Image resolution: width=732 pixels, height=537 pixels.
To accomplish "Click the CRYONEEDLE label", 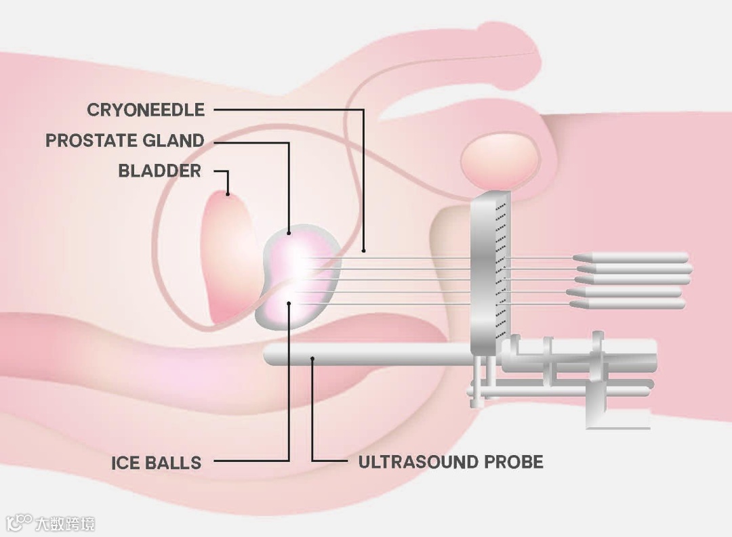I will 146,110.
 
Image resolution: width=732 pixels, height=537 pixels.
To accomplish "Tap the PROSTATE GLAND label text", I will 125,141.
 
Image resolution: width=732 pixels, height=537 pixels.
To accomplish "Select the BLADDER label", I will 160,171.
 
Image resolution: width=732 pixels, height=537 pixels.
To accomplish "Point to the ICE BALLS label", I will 157,463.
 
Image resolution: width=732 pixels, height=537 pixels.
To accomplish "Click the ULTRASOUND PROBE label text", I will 451,463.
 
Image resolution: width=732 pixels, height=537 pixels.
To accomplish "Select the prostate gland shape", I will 298,278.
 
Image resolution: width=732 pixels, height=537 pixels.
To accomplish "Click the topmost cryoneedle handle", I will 630,257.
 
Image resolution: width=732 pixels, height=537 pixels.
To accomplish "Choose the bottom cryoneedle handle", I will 627,305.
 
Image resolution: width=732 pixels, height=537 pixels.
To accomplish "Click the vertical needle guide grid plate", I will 489,271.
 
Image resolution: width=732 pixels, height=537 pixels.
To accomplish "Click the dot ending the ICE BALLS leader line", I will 289,304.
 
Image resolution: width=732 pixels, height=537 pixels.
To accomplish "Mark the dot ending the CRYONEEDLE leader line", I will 364,251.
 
